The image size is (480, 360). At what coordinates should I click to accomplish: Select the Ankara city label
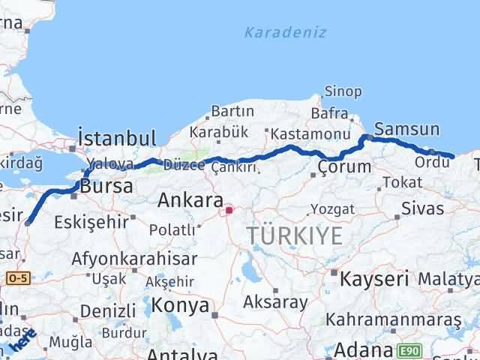pyautogui.click(x=190, y=201)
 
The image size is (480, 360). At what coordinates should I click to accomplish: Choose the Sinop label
pyautogui.click(x=343, y=91)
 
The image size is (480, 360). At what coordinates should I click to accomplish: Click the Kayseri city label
pyautogui.click(x=374, y=280)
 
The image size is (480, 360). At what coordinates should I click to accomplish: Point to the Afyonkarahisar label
pyautogui.click(x=134, y=259)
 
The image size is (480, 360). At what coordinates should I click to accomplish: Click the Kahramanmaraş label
pyautogui.click(x=403, y=320)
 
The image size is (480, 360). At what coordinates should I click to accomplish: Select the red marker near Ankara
pyautogui.click(x=229, y=211)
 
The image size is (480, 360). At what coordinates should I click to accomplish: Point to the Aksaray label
pyautogui.click(x=275, y=302)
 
